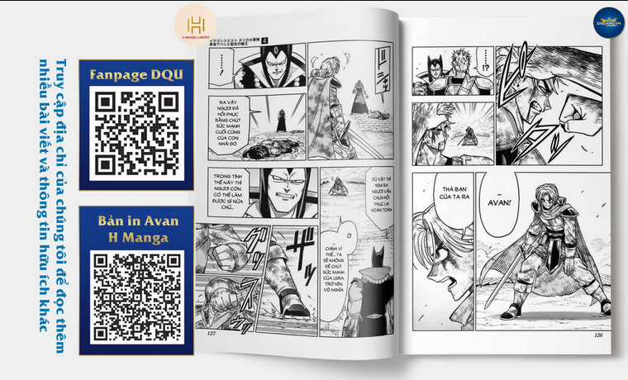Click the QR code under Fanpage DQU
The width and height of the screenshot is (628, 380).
136,133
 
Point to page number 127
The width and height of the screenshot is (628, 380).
212,334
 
